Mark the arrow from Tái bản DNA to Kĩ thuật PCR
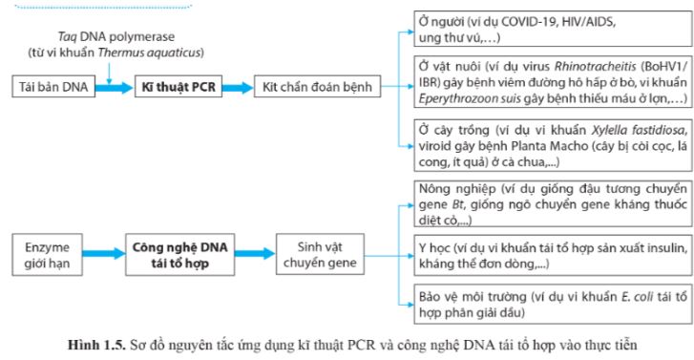coord(113,87)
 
